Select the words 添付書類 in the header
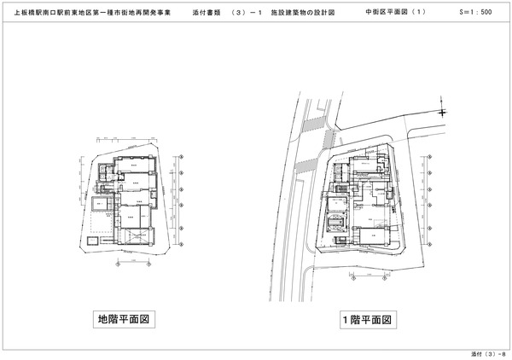(x=207, y=15)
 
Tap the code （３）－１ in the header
(x=247, y=15)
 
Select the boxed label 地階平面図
(x=127, y=320)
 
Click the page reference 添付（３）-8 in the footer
(x=486, y=352)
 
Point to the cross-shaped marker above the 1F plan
(x=442, y=112)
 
